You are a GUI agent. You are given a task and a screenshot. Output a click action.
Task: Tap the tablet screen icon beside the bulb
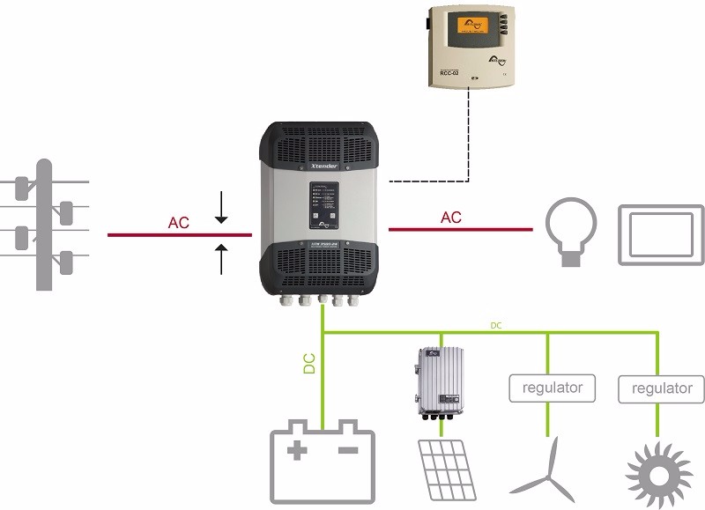(661, 234)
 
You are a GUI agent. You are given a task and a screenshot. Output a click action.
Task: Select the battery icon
(323, 465)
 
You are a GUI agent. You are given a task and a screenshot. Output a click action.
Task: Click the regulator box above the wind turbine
(552, 387)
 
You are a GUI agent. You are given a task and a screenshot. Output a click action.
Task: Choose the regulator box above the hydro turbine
(662, 388)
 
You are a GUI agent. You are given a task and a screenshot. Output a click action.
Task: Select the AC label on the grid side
(178, 223)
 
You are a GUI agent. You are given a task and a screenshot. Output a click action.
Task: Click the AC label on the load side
(450, 217)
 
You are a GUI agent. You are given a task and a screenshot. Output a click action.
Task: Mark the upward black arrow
(221, 260)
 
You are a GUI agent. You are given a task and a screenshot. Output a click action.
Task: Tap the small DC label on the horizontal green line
(496, 326)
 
